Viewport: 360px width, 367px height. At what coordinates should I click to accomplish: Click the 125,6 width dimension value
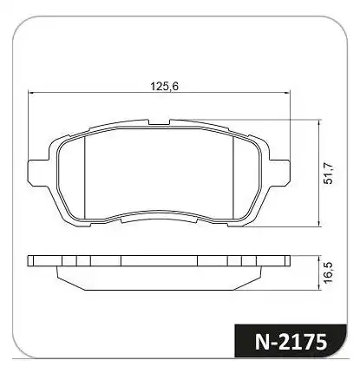point(165,86)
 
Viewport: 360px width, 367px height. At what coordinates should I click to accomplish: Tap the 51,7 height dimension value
point(329,174)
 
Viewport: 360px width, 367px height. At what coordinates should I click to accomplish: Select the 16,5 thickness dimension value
point(329,272)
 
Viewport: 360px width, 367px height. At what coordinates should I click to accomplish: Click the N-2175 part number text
point(291,342)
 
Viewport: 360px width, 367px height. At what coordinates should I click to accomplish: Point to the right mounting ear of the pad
point(279,171)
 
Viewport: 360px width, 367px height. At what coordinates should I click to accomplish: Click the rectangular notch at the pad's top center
point(159,122)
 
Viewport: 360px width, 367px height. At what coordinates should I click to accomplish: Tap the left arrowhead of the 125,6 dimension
point(30,93)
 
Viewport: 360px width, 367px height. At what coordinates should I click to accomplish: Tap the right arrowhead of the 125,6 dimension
point(286,93)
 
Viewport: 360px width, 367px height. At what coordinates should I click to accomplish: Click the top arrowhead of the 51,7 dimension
point(318,122)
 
